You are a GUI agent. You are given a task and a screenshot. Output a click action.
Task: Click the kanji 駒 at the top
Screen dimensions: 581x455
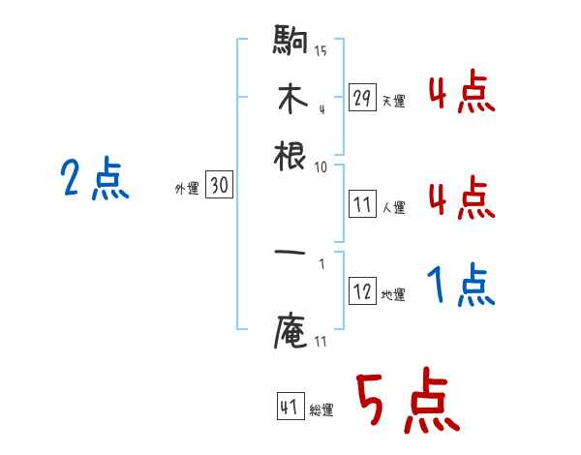[290, 44]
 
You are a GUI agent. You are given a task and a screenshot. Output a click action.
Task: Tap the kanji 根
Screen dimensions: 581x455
[290, 155]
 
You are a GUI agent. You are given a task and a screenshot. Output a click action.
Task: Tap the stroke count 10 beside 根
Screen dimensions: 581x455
[321, 167]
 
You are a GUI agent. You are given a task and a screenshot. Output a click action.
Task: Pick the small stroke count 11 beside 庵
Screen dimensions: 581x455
[321, 340]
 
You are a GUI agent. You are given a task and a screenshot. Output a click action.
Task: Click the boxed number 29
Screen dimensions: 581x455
[362, 98]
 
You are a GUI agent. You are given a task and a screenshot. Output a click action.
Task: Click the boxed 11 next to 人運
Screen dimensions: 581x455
[362, 204]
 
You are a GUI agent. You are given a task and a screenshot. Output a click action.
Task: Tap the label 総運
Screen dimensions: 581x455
[321, 409]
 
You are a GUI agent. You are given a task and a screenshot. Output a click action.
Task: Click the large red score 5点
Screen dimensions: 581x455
[407, 402]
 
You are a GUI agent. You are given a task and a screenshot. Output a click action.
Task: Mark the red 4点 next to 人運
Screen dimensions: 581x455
[461, 200]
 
